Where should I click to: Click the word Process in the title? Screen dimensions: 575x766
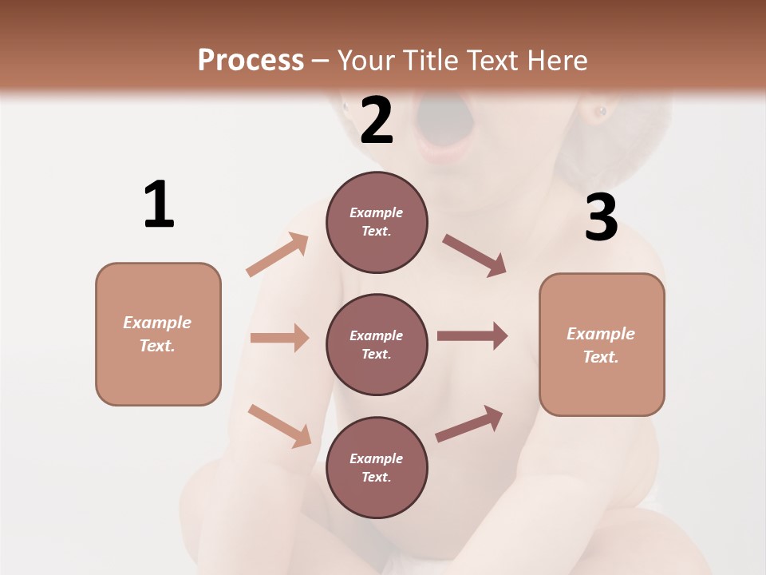coord(251,60)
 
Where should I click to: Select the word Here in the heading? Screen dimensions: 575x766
coord(553,60)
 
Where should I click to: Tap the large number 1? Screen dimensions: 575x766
coord(159,204)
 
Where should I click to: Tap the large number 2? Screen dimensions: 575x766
coord(377,121)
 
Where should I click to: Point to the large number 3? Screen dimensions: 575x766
coord(602,218)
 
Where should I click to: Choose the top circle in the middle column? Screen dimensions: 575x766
coord(377,222)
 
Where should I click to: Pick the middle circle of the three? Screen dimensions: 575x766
coord(377,344)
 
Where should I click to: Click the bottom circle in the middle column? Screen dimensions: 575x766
coord(377,467)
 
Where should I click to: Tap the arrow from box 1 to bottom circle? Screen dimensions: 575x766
coord(280,426)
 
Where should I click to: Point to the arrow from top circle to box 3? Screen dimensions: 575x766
coord(475,256)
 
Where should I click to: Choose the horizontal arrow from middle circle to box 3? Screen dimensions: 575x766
coord(472,336)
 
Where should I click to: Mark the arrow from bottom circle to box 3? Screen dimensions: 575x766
coord(469,424)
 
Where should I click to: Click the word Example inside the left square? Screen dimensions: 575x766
coord(157,323)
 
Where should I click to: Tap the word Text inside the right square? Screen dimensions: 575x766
coord(600,357)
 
